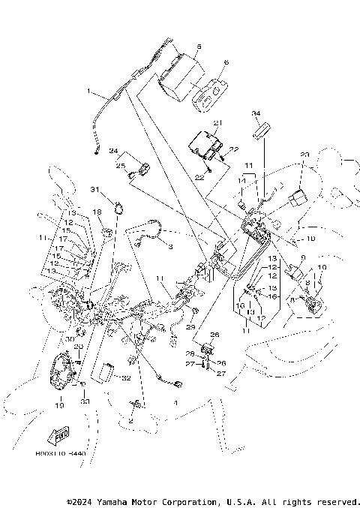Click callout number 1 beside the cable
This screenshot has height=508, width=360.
pyautogui.click(x=88, y=93)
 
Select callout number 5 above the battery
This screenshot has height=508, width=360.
pyautogui.click(x=198, y=47)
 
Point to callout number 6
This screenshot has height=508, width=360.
pyautogui.click(x=226, y=64)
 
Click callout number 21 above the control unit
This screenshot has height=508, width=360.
pyautogui.click(x=217, y=122)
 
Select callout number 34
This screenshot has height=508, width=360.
pyautogui.click(x=255, y=113)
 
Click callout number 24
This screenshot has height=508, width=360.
pyautogui.click(x=114, y=150)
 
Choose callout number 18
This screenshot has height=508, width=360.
pyautogui.click(x=97, y=213)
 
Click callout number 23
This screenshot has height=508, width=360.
pyautogui.click(x=304, y=155)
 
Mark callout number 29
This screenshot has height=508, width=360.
pyautogui.click(x=190, y=329)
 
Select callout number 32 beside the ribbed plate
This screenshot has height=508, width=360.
pyautogui.click(x=127, y=378)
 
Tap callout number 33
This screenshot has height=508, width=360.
pyautogui.click(x=85, y=403)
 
